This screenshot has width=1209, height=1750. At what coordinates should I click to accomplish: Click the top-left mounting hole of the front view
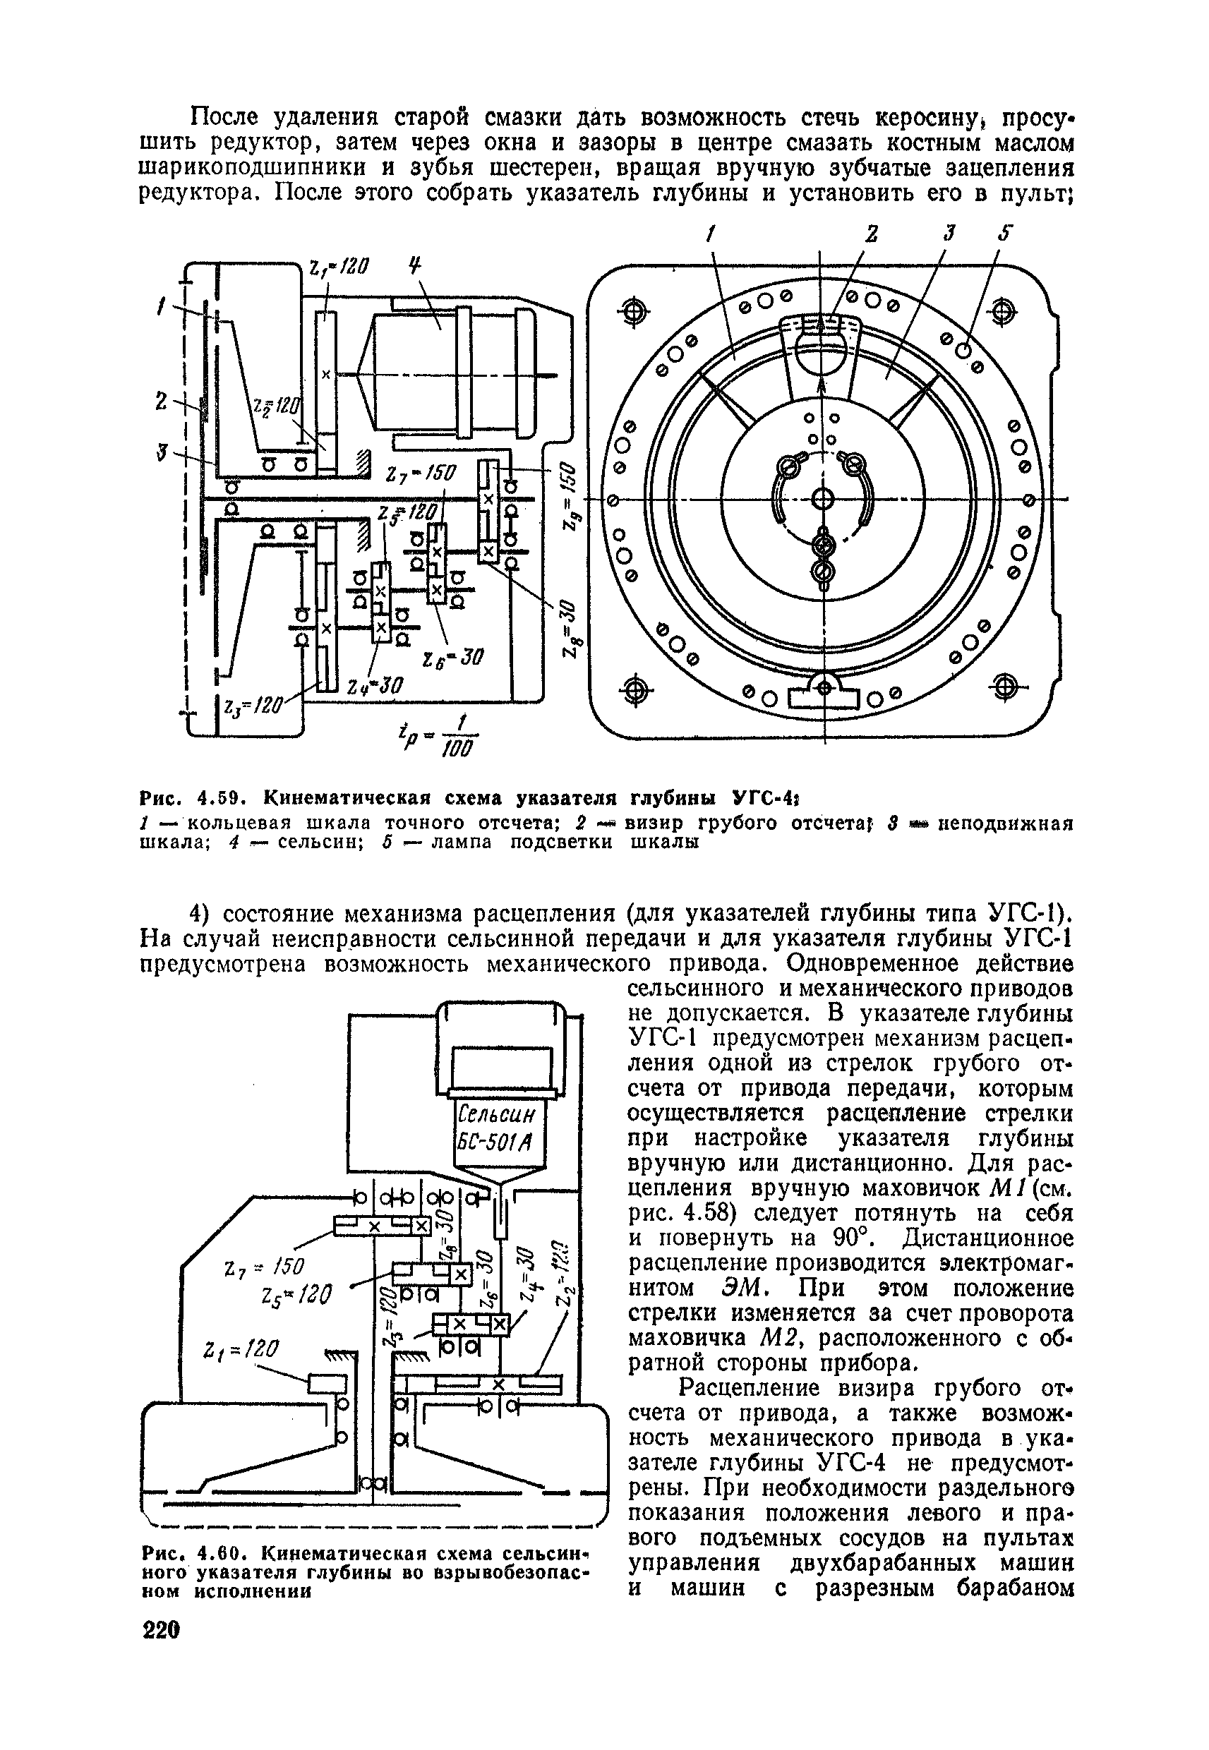click(x=634, y=310)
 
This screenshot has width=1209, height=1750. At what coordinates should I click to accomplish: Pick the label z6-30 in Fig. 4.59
click(x=452, y=656)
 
